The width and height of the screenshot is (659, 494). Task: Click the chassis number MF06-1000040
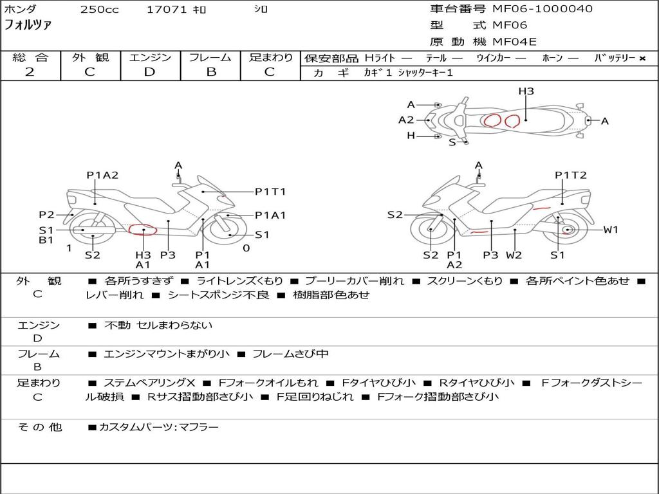[543, 8]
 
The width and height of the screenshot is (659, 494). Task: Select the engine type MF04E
[514, 42]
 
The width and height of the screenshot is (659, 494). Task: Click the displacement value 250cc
[99, 9]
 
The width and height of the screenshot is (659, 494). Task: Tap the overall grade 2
[30, 72]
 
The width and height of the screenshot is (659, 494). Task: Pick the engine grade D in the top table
[149, 72]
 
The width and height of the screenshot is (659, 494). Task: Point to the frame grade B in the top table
[211, 72]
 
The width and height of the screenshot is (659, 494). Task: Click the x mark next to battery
[642, 59]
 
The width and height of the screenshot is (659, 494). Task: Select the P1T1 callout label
[270, 192]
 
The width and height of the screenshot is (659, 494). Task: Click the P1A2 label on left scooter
[102, 175]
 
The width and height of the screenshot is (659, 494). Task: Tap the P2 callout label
[46, 215]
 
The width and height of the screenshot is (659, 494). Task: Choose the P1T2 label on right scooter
[570, 175]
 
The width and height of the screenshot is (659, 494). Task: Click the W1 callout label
[611, 230]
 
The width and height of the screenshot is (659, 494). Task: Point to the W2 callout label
[514, 255]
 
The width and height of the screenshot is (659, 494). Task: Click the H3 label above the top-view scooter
[526, 91]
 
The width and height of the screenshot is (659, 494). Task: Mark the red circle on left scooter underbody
[142, 230]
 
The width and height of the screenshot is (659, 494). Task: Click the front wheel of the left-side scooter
[227, 230]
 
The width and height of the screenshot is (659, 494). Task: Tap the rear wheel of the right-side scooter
[562, 230]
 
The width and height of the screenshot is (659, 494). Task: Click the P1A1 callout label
[270, 215]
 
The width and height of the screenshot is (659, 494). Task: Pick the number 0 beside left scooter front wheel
[246, 248]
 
